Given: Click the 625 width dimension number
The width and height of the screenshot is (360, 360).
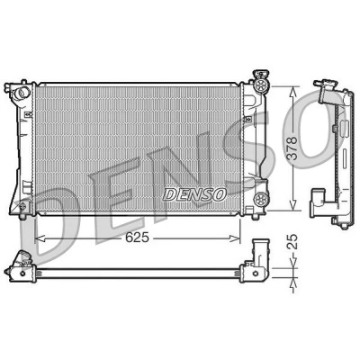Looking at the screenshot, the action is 137,238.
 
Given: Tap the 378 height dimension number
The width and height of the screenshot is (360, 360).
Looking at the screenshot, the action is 292,148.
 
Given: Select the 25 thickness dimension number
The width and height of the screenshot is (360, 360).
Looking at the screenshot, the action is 293,241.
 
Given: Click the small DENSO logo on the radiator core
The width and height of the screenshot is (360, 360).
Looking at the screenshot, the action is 194,194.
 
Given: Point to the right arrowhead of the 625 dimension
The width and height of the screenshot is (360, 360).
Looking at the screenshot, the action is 235,238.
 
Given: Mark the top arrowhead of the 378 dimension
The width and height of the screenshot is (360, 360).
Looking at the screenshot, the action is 293,92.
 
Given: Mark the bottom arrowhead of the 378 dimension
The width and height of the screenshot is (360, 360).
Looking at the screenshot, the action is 293,204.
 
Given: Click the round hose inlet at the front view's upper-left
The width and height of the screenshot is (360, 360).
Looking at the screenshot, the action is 22,92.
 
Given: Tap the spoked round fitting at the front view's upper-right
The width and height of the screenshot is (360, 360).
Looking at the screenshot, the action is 260,85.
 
